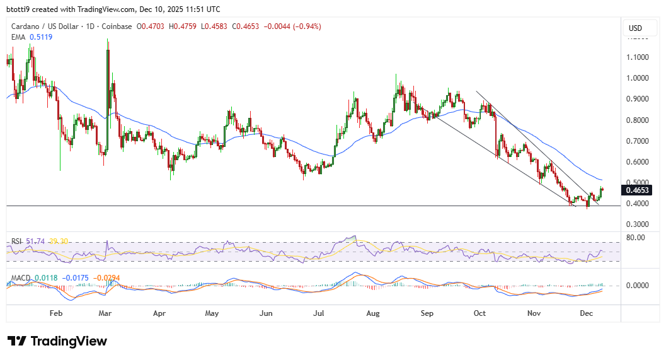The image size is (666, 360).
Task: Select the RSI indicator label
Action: (x=16, y=241)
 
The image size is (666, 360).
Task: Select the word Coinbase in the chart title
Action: (x=114, y=26)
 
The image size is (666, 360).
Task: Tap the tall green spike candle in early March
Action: (x=108, y=95)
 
